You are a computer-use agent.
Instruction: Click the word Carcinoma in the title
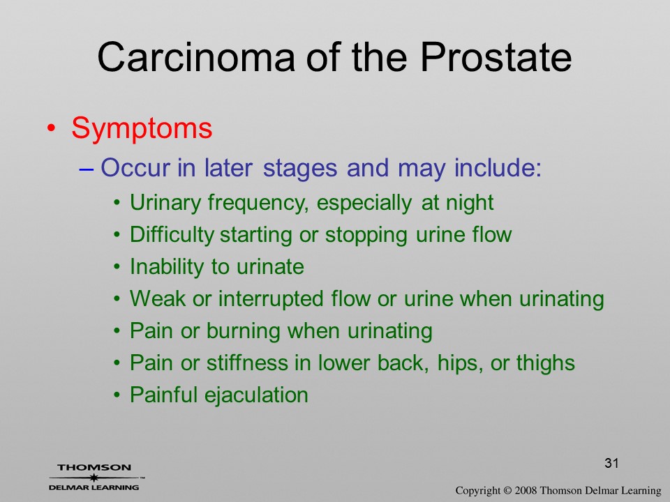pyautogui.click(x=196, y=56)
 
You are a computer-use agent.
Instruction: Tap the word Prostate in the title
pyautogui.click(x=496, y=56)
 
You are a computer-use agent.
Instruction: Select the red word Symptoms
pyautogui.click(x=142, y=128)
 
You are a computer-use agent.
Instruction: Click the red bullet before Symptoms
pyautogui.click(x=51, y=128)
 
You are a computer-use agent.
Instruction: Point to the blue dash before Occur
pyautogui.click(x=86, y=169)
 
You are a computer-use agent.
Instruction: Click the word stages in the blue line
pyautogui.click(x=300, y=168)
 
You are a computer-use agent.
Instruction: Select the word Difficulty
pyautogui.click(x=172, y=235)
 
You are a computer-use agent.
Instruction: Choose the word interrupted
pyautogui.click(x=271, y=298)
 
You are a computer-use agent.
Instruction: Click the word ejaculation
pyautogui.click(x=256, y=395)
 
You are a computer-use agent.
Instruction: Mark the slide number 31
pyautogui.click(x=611, y=463)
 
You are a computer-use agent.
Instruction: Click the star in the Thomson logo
pyautogui.click(x=94, y=478)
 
